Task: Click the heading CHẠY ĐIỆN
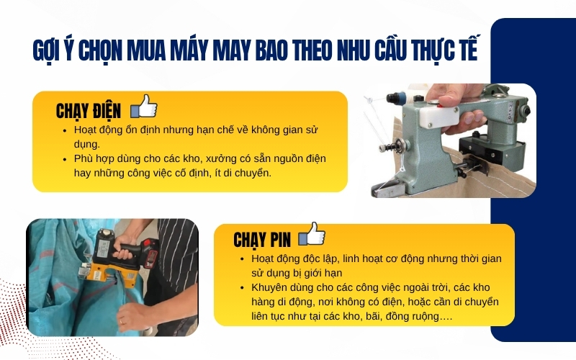pyautogui.click(x=89, y=111)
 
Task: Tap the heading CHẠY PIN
pyautogui.click(x=262, y=239)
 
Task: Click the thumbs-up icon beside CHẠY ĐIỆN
pyautogui.click(x=144, y=107)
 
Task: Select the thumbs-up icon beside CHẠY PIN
pyautogui.click(x=311, y=235)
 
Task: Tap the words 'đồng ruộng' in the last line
pyautogui.click(x=425, y=316)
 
